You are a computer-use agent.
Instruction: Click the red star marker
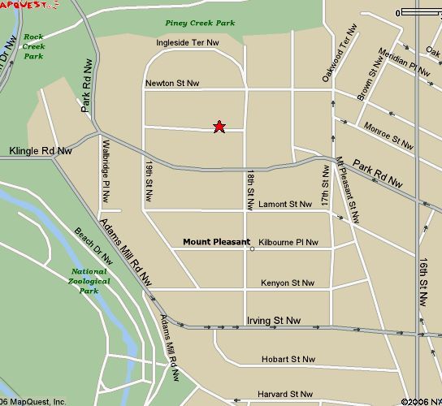point(219,126)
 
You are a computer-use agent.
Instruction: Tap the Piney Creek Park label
point(200,23)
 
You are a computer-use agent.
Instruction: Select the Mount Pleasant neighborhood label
point(216,241)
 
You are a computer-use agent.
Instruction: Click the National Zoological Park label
point(89,281)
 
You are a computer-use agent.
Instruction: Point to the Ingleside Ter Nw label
point(188,42)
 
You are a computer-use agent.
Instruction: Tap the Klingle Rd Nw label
point(41,151)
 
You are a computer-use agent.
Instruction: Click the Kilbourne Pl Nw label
point(288,242)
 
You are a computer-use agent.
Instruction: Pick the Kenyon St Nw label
point(288,283)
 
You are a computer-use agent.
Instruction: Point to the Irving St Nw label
point(274,321)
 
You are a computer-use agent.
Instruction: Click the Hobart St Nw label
point(288,359)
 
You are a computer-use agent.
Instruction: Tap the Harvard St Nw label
point(285,394)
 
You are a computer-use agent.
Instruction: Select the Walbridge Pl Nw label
point(106,172)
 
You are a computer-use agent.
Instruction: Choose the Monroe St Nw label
point(389,134)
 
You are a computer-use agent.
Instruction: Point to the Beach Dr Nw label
point(92,244)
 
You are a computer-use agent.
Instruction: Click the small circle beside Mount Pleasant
point(253,248)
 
